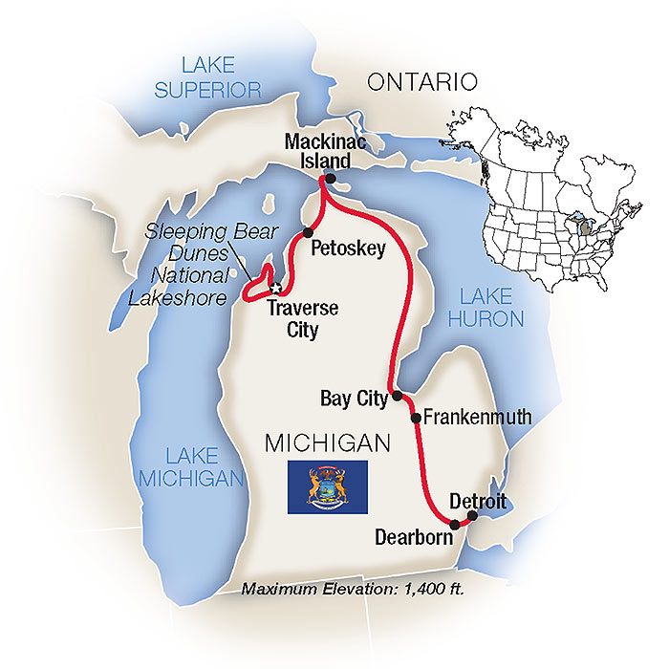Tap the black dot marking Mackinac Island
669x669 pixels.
point(331,179)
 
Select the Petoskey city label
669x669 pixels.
point(348,249)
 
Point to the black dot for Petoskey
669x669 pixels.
point(308,232)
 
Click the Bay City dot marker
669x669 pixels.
point(397,394)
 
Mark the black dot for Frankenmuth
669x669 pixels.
point(416,418)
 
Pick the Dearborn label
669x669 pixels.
point(413,538)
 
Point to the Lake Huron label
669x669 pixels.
point(489,307)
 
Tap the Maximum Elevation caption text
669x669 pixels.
point(353,588)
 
